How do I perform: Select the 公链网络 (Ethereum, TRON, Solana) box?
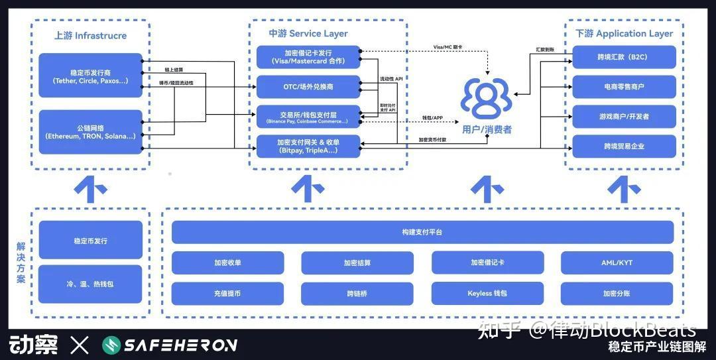point(91,131)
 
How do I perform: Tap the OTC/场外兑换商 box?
point(308,86)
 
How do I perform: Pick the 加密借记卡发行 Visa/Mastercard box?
point(308,57)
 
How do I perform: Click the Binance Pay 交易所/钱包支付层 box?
point(308,117)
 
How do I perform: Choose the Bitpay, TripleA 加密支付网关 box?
point(308,146)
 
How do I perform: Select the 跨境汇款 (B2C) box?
point(624,57)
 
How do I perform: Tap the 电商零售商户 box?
point(624,86)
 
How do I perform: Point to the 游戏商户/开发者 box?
point(624,117)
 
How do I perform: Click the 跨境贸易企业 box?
point(624,146)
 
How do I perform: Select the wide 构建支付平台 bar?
point(422,232)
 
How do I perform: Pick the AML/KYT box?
point(616,263)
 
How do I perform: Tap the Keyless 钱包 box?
point(487,293)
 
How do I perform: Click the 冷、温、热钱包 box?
point(91,284)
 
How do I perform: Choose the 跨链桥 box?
point(357,293)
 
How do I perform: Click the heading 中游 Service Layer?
point(308,33)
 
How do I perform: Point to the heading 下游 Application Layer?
point(624,33)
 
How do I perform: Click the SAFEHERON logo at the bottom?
point(170,345)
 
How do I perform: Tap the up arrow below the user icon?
point(487,190)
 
